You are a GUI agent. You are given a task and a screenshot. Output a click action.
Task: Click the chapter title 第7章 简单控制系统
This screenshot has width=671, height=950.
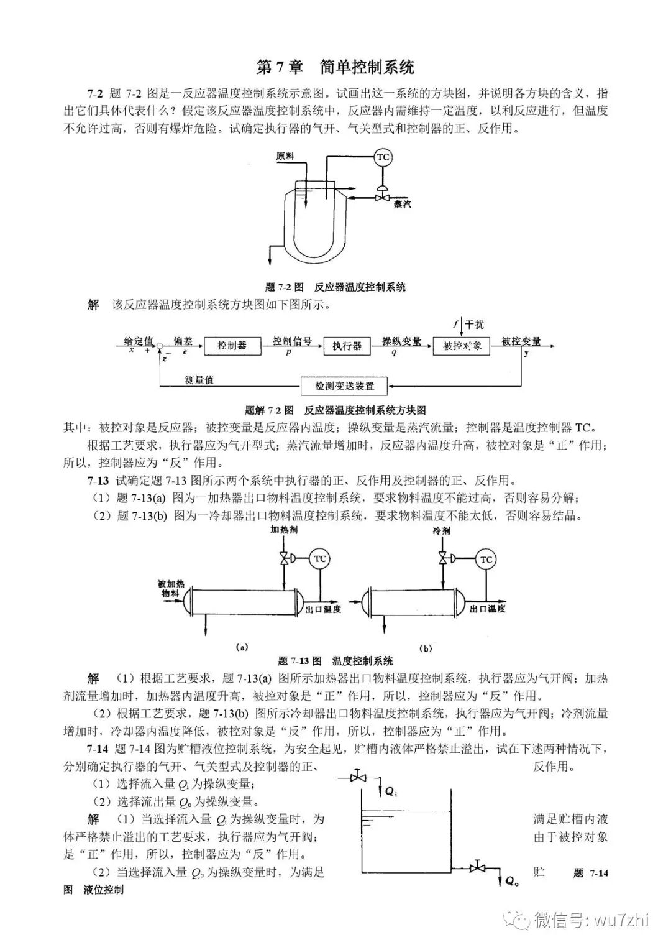point(335,67)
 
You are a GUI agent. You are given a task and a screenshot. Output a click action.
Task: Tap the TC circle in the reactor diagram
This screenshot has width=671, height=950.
point(383,157)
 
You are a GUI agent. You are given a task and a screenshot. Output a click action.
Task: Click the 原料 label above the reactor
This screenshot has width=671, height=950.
point(285,156)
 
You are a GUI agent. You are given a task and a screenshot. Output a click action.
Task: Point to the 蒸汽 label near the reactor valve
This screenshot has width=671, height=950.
point(402,205)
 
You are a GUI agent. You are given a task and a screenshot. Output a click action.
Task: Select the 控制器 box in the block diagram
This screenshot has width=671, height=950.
point(232,346)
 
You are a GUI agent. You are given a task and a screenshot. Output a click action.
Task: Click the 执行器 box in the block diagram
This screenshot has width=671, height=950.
point(347,346)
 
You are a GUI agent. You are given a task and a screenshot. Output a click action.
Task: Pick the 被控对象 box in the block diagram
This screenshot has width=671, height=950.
point(462,346)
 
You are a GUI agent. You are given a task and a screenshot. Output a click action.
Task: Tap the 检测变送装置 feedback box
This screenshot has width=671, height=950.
point(345,386)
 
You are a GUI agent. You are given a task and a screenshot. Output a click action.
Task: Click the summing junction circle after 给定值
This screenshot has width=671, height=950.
point(160,346)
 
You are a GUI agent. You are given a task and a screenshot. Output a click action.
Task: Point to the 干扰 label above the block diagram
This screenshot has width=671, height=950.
point(474,324)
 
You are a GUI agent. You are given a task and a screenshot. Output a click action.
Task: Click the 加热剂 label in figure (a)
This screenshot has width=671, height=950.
point(283,530)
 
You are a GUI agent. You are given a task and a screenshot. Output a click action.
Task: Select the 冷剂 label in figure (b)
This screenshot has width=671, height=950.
point(442,530)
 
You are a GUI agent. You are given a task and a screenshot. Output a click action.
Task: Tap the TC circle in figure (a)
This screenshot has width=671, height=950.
point(319,558)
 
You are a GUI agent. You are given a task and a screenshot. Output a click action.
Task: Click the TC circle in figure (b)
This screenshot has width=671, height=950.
point(486,560)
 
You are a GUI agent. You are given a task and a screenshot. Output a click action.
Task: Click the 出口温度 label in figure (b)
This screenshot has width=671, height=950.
point(487,609)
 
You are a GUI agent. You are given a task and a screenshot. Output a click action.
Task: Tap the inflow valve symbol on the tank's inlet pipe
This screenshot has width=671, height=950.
point(358,777)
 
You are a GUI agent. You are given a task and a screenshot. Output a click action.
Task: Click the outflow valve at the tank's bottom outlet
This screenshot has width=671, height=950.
point(477,867)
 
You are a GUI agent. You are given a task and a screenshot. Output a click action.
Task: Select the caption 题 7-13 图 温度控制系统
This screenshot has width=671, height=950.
point(335,661)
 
